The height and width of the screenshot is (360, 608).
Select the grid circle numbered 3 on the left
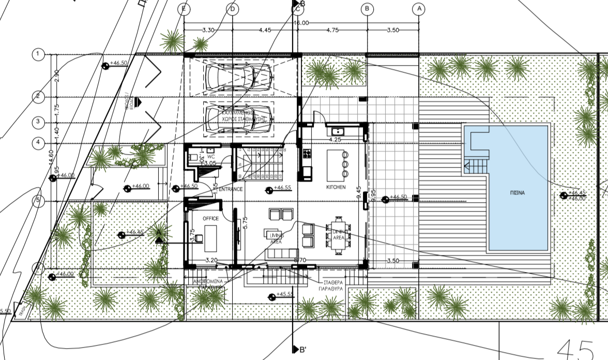click(x=38, y=122)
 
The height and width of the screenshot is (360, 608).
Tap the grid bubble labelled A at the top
click(x=418, y=9)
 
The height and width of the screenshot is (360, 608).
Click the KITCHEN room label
click(x=336, y=187)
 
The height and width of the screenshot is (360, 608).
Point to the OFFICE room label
click(x=210, y=219)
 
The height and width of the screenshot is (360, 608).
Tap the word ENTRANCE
click(x=230, y=189)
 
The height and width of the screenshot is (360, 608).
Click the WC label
click(x=210, y=155)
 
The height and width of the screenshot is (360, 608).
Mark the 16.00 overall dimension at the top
click(x=301, y=23)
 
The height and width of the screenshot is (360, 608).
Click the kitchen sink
click(x=339, y=131)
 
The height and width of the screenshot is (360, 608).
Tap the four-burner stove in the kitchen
click(x=307, y=154)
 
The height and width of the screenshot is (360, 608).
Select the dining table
click(x=338, y=235)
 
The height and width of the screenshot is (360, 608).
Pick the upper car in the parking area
click(x=239, y=77)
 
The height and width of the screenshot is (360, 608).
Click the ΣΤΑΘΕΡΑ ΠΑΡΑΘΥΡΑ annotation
click(x=329, y=287)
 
